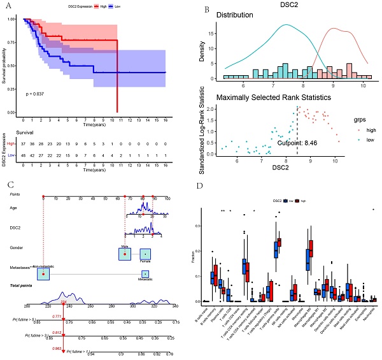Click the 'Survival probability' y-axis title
[5, 64]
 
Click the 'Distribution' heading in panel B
[235, 15]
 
